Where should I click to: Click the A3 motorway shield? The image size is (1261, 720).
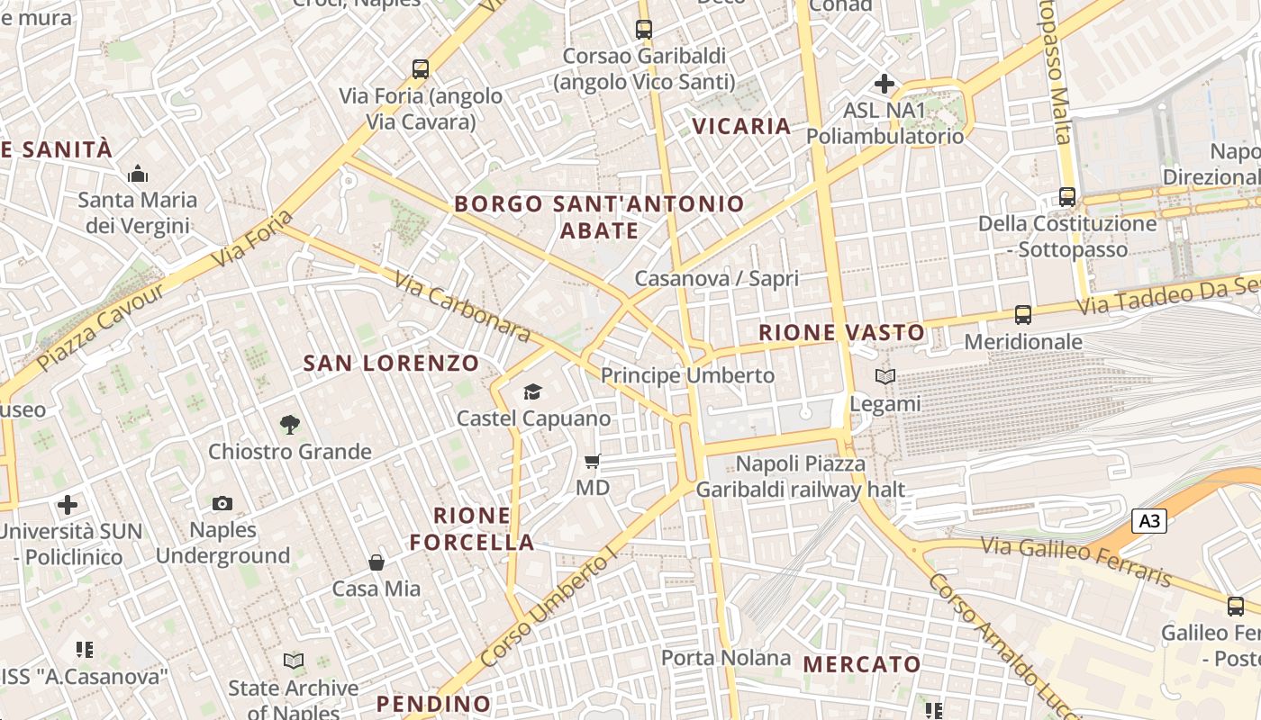1149,521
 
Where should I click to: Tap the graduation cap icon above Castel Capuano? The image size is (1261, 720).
533,391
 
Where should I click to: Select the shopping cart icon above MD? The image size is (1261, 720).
592,462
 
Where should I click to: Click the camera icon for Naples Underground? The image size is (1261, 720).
222,503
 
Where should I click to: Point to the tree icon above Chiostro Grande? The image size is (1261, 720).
289,424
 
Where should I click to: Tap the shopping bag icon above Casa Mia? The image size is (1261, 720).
376,562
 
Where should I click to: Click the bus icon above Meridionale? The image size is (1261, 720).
1023,315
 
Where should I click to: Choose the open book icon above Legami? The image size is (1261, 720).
885,377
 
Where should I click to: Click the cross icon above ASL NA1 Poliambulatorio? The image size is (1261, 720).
885,84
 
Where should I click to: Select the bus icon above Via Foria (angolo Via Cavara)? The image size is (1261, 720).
421,69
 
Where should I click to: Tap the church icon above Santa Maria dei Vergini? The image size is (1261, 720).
138,173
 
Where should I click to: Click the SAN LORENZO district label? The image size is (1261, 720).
391,364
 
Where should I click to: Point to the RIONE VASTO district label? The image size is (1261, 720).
841,333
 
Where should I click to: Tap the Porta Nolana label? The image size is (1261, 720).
726,658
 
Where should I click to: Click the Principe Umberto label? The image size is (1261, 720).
687,375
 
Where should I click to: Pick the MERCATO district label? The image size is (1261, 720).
862,665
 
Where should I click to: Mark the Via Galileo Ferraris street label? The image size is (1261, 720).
1075,561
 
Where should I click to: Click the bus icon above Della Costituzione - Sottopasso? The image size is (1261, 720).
1067,196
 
